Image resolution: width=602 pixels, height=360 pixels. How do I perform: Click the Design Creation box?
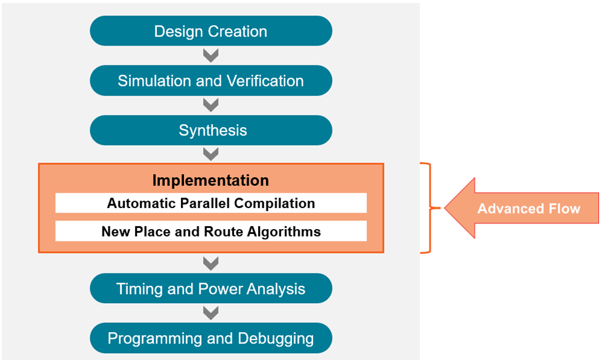211,31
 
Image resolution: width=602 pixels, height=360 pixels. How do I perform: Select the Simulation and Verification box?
211,81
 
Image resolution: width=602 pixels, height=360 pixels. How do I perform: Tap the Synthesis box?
211,130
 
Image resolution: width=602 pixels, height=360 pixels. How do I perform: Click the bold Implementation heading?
211,180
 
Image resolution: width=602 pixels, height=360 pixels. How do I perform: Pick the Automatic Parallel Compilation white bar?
211,203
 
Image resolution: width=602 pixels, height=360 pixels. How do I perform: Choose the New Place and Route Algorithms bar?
211,232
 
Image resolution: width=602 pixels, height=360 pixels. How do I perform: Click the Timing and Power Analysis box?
211,288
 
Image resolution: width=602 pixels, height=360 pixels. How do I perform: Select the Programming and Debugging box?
211,338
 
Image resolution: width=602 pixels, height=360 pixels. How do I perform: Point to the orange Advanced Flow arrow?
522,208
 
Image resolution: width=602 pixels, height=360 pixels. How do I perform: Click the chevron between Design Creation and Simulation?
211,56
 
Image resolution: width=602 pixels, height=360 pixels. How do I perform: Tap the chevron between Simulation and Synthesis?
211,106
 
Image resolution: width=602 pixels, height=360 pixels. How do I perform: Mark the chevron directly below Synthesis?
211,154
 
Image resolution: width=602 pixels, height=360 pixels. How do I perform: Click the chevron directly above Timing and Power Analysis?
211,264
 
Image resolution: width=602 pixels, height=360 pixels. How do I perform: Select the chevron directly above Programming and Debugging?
211,313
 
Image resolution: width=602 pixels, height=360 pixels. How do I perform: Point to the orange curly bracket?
430,208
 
